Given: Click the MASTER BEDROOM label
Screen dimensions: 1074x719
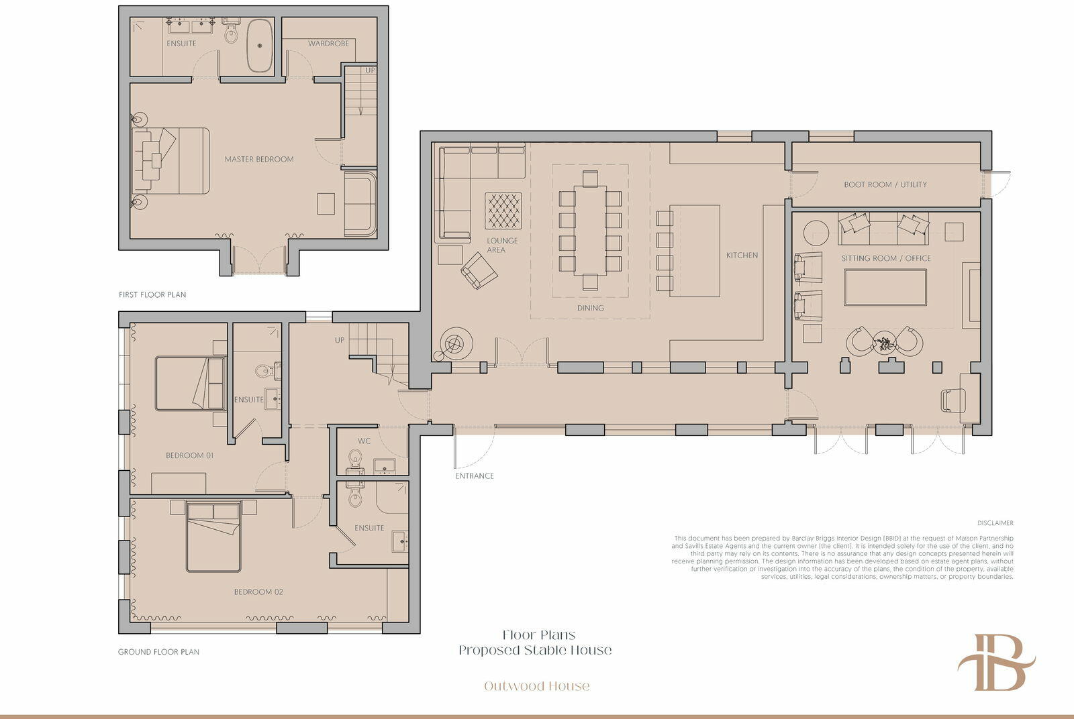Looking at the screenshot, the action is click(259, 159).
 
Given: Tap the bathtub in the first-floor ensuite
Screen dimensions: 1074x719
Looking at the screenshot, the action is click(260, 46).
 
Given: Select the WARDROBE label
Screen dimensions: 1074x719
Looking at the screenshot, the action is click(328, 44).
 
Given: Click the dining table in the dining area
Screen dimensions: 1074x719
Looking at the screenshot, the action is click(590, 230).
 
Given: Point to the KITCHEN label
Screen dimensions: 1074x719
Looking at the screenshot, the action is click(742, 256).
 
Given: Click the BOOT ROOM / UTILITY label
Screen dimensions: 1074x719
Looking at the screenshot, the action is click(885, 184).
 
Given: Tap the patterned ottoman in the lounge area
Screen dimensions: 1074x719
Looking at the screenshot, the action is click(503, 211).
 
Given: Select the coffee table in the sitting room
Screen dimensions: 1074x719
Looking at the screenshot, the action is click(885, 287).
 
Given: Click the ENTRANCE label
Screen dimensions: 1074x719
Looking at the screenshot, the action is click(474, 476).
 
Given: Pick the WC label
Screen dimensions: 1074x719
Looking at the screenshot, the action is click(364, 441).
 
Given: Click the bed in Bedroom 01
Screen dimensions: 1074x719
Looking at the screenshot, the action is click(191, 383).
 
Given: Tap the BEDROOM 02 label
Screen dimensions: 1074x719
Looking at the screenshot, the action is click(258, 592).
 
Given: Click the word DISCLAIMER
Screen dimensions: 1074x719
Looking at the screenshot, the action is click(995, 523).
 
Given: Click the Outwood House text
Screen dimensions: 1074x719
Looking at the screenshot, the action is click(536, 686).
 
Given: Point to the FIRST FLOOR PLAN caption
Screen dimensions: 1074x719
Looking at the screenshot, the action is click(152, 294).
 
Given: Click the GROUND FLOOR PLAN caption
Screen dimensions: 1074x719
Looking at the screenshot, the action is click(158, 651).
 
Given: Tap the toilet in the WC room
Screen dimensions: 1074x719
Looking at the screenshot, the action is click(355, 457).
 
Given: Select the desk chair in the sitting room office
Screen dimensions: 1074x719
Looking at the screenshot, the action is click(953, 400).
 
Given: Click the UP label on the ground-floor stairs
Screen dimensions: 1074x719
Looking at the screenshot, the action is click(340, 340).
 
